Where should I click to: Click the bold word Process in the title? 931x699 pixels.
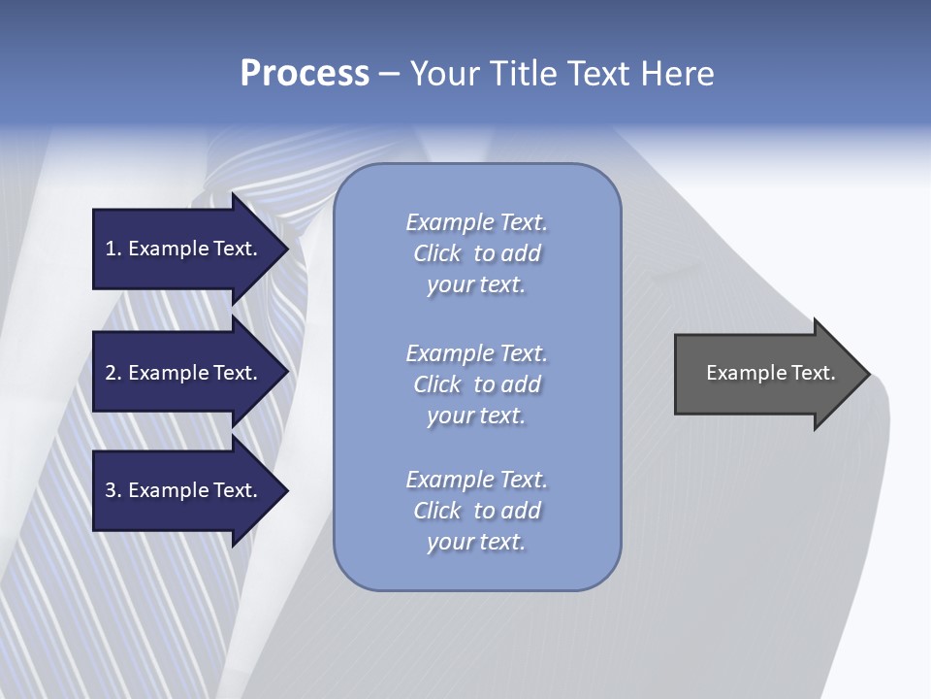tap(305, 74)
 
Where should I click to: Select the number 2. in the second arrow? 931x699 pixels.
tap(112, 373)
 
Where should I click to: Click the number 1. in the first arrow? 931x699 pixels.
tap(112, 249)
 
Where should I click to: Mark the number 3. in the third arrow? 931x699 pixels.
tap(112, 490)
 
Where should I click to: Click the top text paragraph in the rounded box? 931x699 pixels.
tap(476, 253)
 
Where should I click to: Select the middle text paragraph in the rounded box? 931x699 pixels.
tap(476, 384)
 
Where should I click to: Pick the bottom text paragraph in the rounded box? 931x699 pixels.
tap(476, 511)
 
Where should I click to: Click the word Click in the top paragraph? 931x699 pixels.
tap(437, 253)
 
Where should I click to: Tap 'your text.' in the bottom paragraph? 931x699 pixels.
tap(476, 542)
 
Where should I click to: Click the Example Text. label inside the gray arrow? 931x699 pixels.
tap(770, 373)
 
